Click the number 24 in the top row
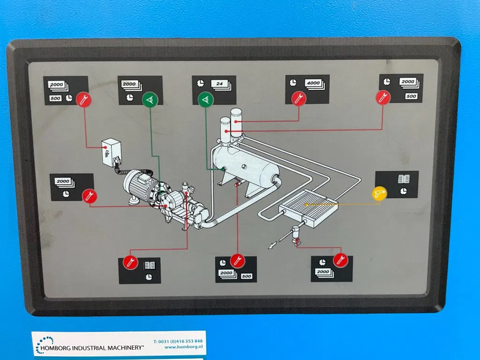pos(221,84)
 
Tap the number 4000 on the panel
pos(313,83)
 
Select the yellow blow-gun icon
pos(379,193)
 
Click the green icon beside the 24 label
pos(206,99)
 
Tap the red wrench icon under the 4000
pos(296,98)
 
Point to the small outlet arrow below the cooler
pos(273,244)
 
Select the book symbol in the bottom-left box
pos(149,264)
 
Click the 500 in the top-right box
pos(411,96)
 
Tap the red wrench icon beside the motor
pos(88,194)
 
